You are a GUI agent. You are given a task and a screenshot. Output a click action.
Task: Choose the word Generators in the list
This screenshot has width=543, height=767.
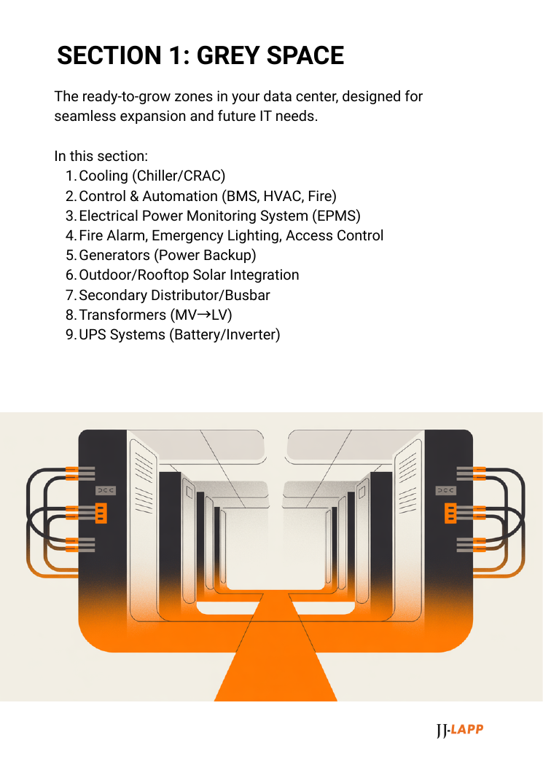(x=113, y=255)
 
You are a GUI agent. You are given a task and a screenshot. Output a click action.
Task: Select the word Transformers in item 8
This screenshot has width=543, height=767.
(x=122, y=315)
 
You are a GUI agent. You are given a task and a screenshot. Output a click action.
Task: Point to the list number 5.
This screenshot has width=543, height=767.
(x=70, y=255)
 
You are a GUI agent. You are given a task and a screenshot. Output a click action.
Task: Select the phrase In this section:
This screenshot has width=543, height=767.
(x=101, y=156)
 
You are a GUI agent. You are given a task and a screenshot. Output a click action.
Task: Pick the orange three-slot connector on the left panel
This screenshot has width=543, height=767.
(x=101, y=513)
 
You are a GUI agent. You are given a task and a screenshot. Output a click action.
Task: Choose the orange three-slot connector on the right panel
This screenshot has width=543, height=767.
(x=450, y=513)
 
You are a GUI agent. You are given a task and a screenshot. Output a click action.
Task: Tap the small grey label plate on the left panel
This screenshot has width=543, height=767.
(x=106, y=491)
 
